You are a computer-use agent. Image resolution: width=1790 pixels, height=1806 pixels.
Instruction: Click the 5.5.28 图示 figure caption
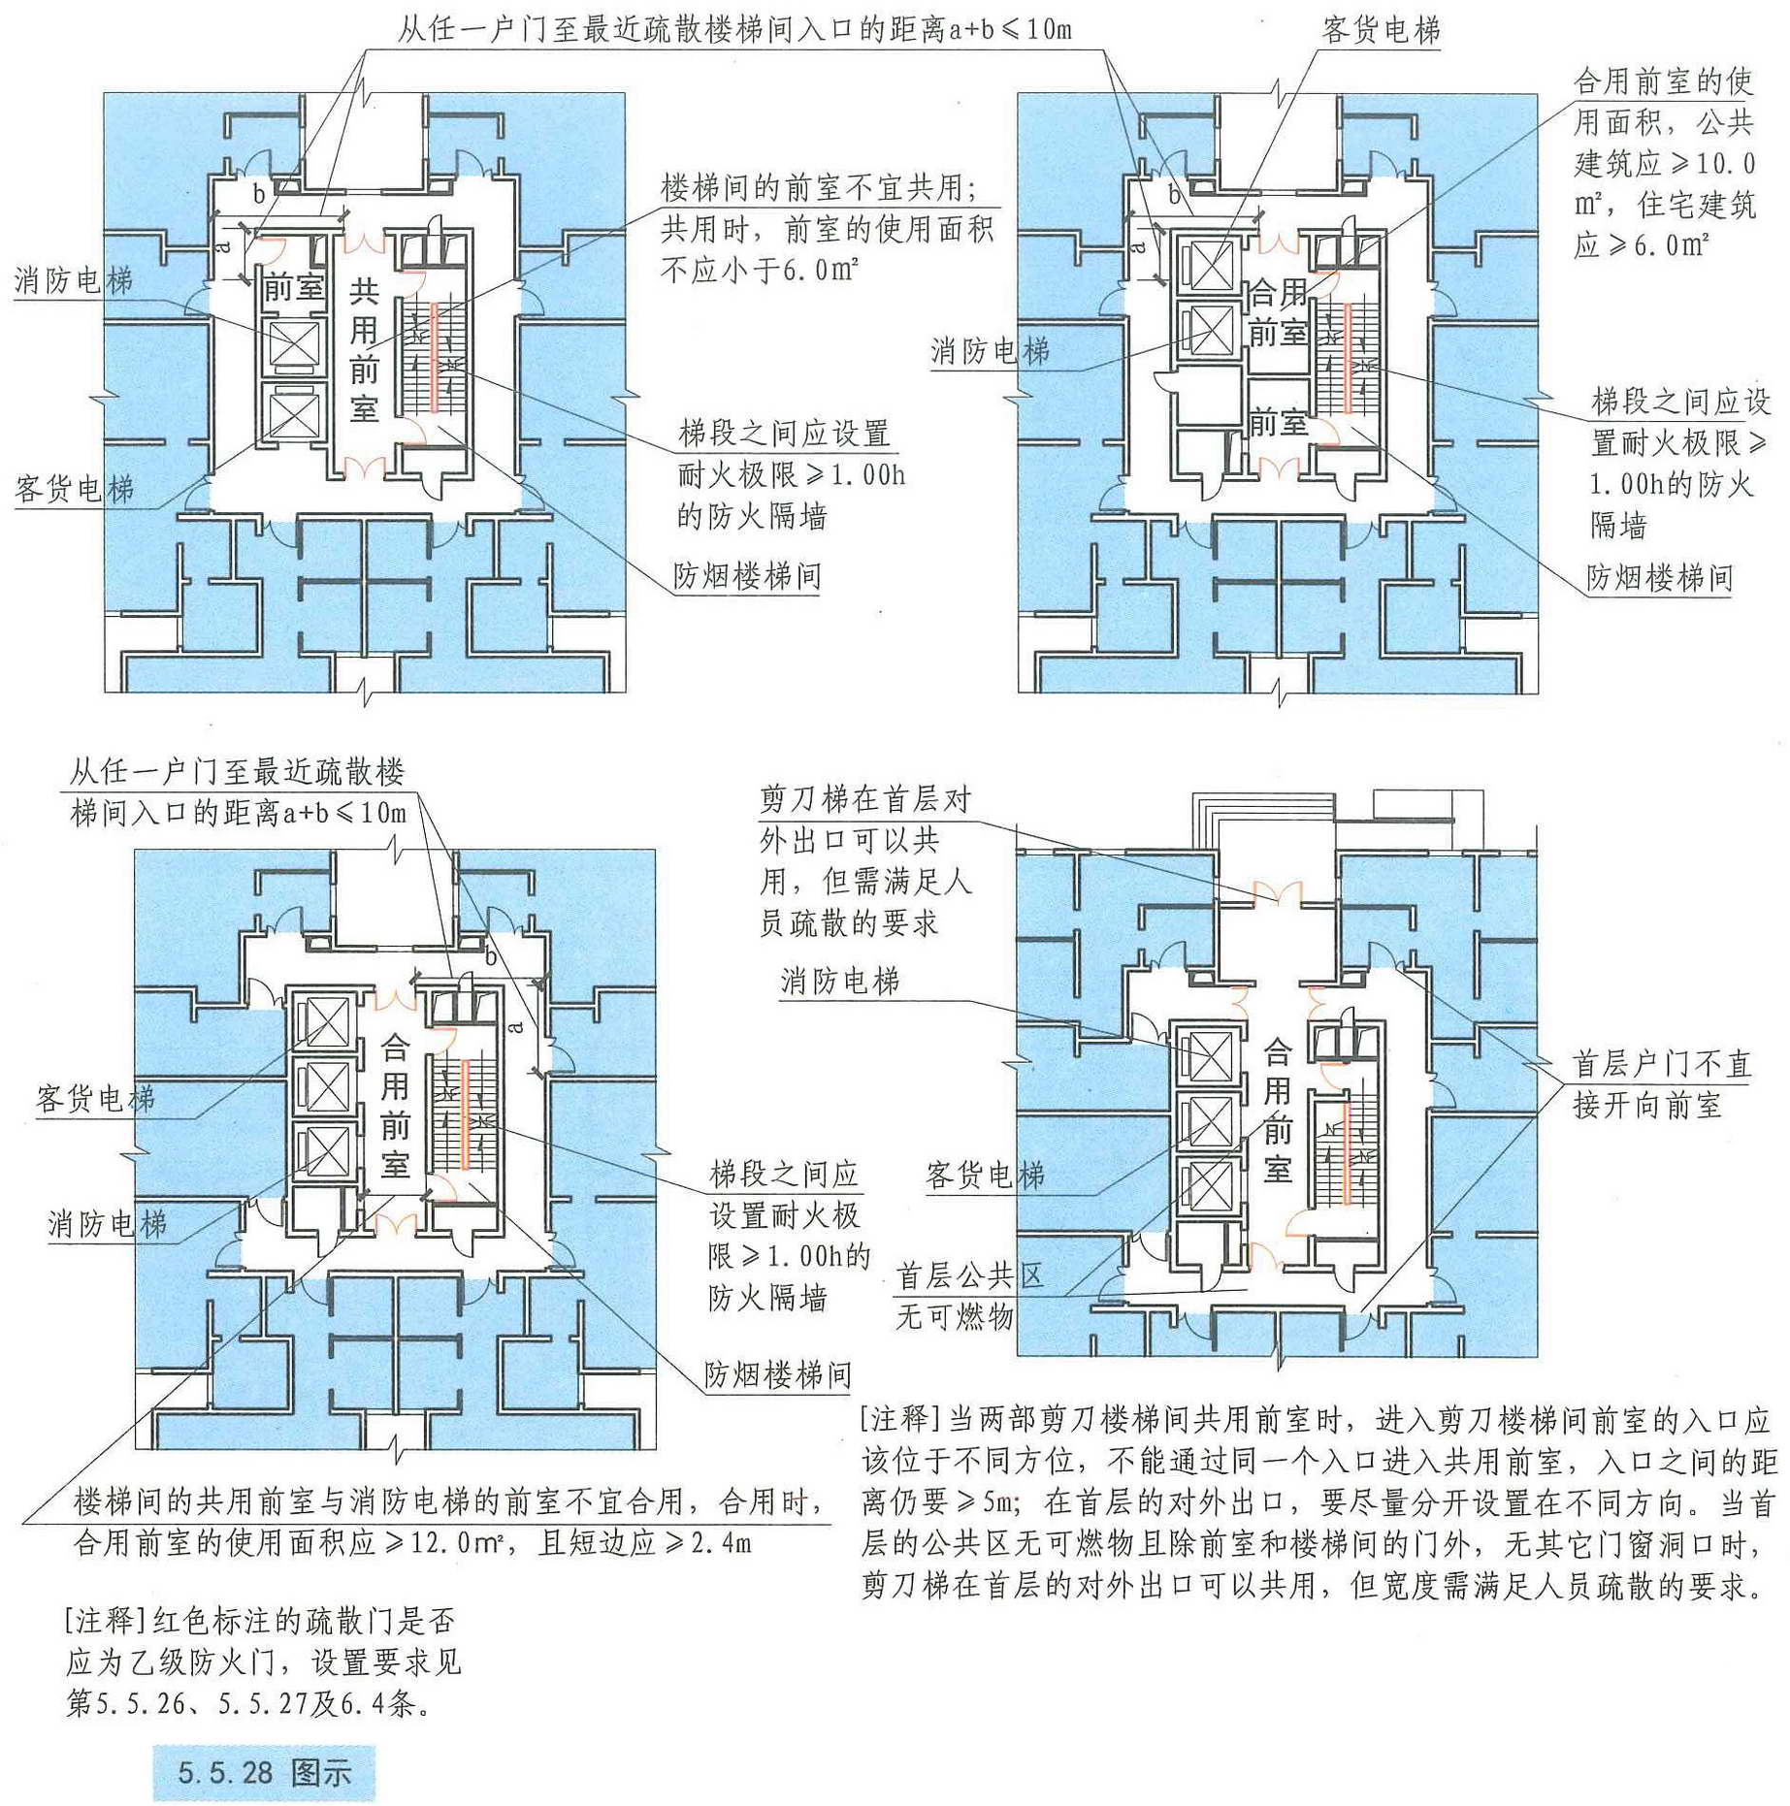[264, 1773]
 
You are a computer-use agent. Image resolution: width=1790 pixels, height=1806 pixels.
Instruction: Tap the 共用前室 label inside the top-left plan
[364, 350]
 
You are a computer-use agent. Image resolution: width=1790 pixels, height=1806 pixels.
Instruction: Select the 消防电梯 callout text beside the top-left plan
[74, 280]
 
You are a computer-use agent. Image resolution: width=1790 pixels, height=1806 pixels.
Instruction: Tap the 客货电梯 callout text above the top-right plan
[1381, 30]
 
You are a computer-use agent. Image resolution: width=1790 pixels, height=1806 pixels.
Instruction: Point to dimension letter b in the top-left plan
[259, 194]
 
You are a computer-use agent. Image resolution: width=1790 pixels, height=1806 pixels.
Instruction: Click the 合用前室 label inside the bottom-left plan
[395, 1106]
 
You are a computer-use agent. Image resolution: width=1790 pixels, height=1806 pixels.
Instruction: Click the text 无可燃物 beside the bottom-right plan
[955, 1316]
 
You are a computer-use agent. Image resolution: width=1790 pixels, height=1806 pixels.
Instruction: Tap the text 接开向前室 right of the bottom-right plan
[1647, 1105]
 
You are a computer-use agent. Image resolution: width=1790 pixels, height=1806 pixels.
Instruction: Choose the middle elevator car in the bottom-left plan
[328, 1086]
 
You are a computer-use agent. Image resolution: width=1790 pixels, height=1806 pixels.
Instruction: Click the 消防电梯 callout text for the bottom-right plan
[840, 981]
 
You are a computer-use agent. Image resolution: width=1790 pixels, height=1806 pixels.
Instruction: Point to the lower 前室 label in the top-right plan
[1278, 423]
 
